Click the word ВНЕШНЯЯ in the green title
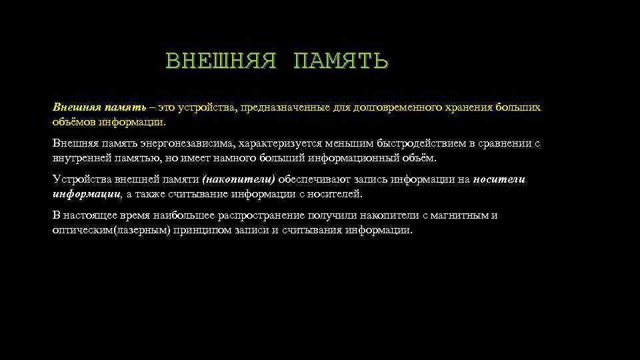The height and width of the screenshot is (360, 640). (220, 62)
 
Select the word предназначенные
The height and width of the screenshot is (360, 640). (293, 107)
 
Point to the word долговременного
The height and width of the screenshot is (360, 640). (397, 107)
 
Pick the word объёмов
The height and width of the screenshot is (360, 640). (75, 122)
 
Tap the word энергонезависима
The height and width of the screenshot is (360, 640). (189, 143)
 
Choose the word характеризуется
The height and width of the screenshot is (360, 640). (275, 143)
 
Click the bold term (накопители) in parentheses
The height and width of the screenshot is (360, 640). (238, 179)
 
